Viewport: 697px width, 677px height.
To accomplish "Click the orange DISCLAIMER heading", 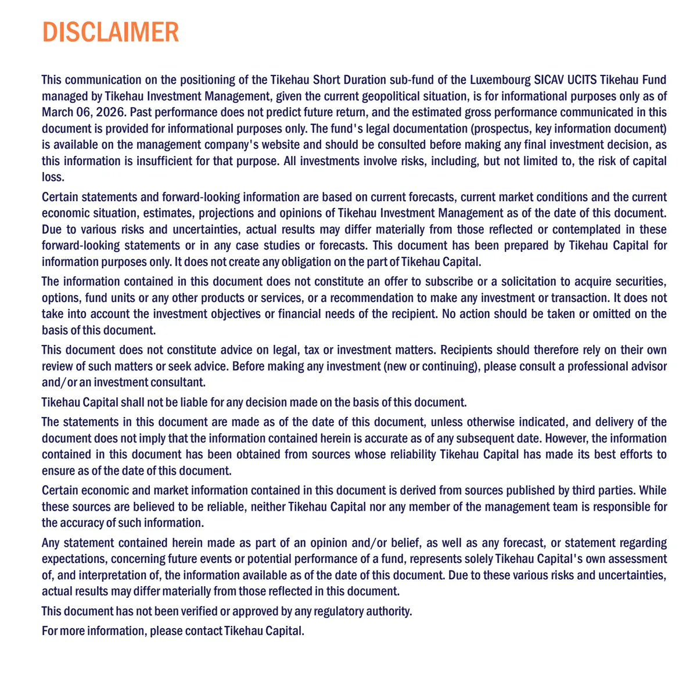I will click(x=110, y=33).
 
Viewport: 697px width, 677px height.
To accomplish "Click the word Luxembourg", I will click(x=500, y=80).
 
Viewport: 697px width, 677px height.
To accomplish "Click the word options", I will click(x=61, y=298).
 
